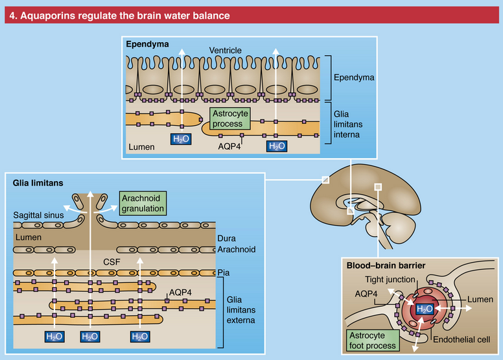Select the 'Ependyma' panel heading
click(x=148, y=45)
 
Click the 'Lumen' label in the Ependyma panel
click(x=141, y=147)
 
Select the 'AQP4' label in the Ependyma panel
click(x=230, y=147)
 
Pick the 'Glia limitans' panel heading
click(x=38, y=184)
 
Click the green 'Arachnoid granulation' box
click(x=143, y=202)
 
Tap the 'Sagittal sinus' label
click(x=40, y=214)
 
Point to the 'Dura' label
click(x=227, y=238)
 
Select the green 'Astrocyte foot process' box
click(x=371, y=339)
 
